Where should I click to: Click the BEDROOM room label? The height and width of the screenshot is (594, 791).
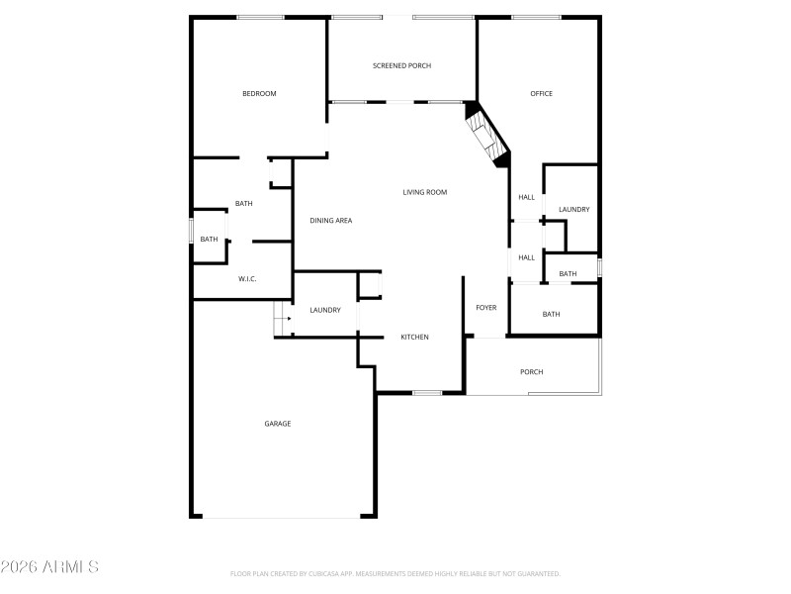click(259, 94)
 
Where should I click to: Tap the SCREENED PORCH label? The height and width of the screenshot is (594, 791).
click(401, 66)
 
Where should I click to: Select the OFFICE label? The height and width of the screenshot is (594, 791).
click(541, 94)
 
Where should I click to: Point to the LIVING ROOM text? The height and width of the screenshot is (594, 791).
click(425, 192)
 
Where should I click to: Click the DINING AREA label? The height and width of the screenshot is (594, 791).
click(330, 221)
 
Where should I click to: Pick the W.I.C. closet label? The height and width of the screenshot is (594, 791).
click(247, 279)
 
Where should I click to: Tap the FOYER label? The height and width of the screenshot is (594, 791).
click(486, 308)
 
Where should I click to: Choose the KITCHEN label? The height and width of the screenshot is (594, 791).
click(414, 338)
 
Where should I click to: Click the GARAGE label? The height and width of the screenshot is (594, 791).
click(277, 424)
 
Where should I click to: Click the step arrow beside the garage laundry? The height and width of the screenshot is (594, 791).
click(288, 319)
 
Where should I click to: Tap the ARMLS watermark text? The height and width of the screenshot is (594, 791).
click(50, 567)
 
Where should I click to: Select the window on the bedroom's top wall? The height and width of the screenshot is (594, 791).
click(260, 17)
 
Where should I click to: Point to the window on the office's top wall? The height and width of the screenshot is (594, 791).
click(536, 17)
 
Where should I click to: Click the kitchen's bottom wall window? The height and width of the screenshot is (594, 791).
click(427, 393)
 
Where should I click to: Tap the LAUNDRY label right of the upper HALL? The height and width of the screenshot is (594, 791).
click(573, 210)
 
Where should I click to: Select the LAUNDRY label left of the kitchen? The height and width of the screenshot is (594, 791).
click(325, 311)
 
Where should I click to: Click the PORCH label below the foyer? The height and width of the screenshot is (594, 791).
click(532, 372)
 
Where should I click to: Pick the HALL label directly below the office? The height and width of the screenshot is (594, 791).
click(526, 197)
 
